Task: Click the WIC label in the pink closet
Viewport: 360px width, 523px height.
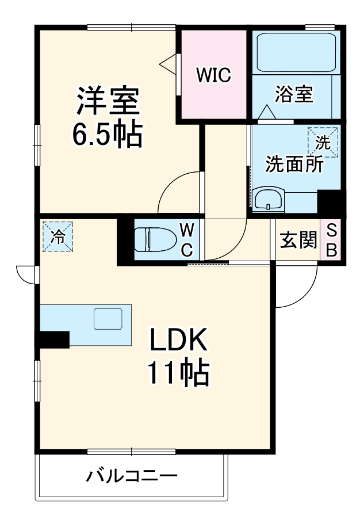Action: [x=214, y=75]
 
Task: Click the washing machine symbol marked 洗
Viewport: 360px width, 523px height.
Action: [x=323, y=143]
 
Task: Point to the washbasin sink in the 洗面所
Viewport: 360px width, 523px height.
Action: [x=269, y=199]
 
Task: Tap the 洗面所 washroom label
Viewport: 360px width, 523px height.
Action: [x=294, y=164]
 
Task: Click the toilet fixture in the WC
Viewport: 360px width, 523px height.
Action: [x=152, y=239]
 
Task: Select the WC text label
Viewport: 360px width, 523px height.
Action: [x=187, y=240]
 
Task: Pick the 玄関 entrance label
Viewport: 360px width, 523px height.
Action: [x=298, y=239]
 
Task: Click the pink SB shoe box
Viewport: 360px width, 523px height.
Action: [x=331, y=239]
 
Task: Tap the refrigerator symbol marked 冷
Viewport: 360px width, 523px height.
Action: [x=58, y=236]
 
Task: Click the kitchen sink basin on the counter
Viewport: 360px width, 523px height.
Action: [x=108, y=319]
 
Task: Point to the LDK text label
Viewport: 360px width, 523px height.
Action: [x=179, y=339]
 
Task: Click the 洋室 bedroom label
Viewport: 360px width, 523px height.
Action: [x=108, y=101]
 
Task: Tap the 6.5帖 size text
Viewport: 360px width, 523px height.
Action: [x=108, y=134]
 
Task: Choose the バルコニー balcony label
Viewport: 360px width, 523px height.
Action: [x=132, y=476]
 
